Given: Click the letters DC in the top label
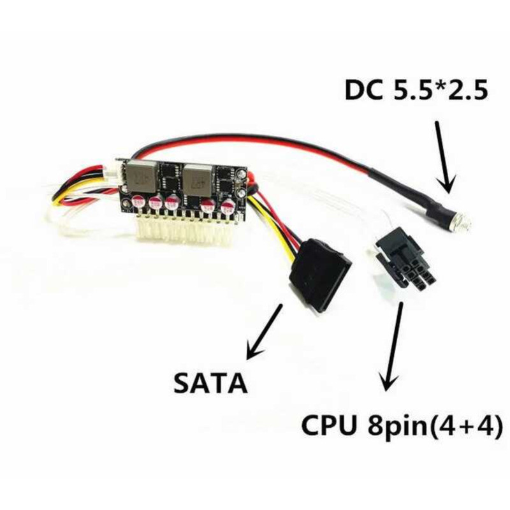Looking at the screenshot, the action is (x=365, y=90).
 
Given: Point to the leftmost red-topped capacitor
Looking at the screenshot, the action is (x=138, y=203).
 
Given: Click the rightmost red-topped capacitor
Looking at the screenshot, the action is (x=228, y=206).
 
